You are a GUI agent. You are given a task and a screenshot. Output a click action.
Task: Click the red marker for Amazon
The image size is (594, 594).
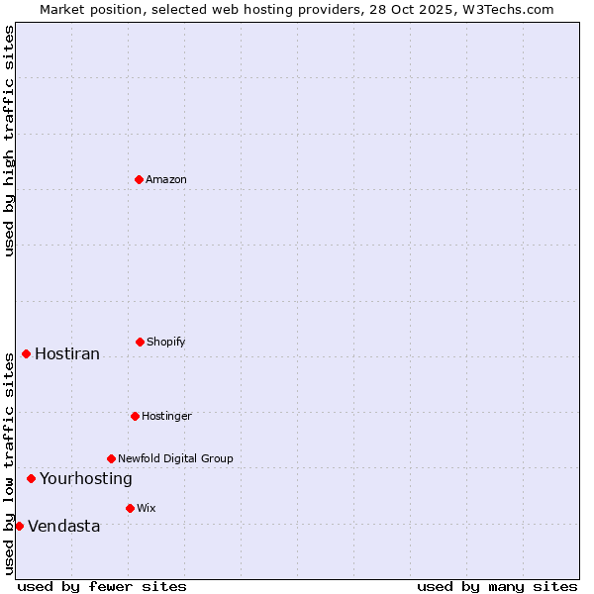[x=139, y=179]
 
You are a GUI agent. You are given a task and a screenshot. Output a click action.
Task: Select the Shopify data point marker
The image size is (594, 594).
[x=140, y=342]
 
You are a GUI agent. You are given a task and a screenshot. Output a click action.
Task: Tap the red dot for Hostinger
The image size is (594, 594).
[x=135, y=416]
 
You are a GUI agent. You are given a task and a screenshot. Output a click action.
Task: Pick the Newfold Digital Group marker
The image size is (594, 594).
[x=111, y=458]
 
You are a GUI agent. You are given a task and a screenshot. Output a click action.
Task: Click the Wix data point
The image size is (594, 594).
[x=130, y=508]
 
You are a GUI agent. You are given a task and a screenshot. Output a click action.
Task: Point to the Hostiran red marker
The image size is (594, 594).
[x=26, y=353]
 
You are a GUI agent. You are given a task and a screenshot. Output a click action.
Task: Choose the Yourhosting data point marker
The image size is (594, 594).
[x=31, y=478]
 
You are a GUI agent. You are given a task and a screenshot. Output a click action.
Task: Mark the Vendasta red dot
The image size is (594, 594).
[x=19, y=526]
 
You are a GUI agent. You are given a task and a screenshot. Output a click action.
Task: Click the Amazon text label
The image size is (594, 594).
[x=166, y=179]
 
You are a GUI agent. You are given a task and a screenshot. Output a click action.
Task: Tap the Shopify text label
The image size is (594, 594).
[x=166, y=342]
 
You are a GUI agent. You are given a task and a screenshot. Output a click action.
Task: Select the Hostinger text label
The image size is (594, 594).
[x=166, y=416]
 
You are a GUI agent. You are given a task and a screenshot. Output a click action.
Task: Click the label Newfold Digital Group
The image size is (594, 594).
[x=175, y=458]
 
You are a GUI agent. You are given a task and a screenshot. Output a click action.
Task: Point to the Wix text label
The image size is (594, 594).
[x=147, y=508]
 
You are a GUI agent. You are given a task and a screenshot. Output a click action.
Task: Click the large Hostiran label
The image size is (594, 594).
[x=67, y=354]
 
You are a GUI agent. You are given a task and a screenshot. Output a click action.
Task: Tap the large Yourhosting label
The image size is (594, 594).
[x=85, y=479]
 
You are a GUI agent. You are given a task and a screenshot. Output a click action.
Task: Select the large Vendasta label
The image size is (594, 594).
[x=63, y=527]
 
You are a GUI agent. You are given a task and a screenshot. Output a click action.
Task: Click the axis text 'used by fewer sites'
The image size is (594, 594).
[x=102, y=586]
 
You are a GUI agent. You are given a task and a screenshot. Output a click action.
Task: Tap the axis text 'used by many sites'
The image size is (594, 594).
[x=497, y=586]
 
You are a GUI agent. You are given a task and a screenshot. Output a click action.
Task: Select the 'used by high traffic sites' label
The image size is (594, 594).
[x=9, y=141]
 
